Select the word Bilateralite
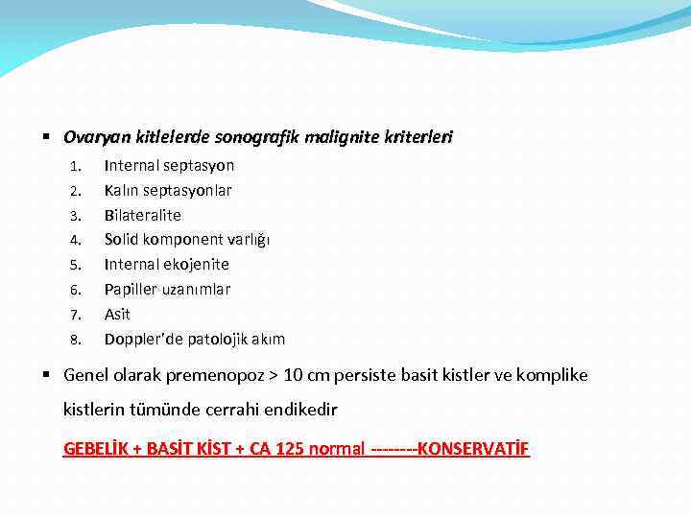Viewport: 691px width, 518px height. coord(143,215)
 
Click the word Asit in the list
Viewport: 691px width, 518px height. coord(117,314)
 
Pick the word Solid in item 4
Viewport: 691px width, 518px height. coord(123,239)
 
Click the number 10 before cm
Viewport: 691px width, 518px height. coord(293,375)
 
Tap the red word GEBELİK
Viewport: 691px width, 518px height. coord(97,448)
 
